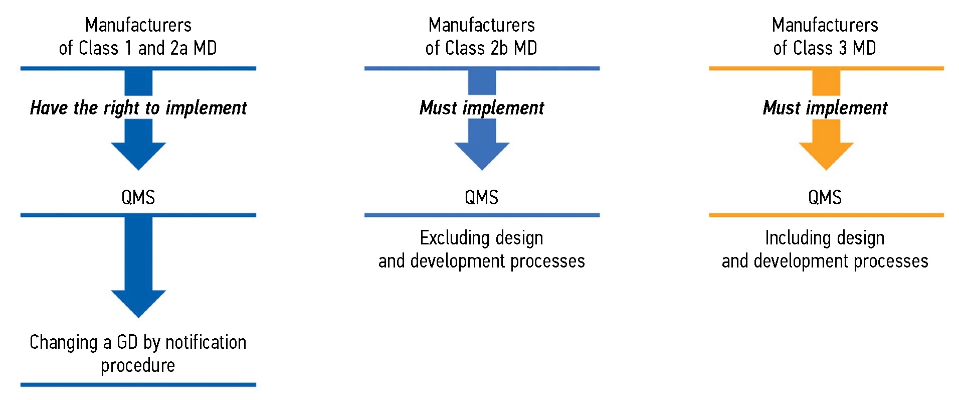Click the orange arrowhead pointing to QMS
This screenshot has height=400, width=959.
point(826,154)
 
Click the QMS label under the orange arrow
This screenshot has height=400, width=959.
point(825,197)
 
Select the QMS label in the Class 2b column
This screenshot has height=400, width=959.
point(481,197)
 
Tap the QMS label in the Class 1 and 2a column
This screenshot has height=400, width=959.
point(138,197)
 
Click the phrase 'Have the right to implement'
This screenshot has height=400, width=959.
point(138,108)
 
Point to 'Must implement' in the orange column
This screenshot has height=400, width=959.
point(825,108)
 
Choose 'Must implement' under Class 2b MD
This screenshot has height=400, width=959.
point(482,108)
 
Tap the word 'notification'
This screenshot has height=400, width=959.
point(206,342)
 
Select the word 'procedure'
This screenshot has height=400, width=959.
point(138,365)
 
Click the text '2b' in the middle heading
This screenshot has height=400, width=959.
point(499,48)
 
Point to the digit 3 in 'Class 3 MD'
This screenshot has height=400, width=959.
point(843,48)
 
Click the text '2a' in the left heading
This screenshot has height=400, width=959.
point(179,48)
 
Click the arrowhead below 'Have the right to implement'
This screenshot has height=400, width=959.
point(138,154)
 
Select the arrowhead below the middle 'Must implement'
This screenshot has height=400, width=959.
point(482,154)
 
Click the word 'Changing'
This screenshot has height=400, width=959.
point(63,342)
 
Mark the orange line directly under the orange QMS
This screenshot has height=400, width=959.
point(826,215)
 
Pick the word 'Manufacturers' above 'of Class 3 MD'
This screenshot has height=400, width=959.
point(825,25)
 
